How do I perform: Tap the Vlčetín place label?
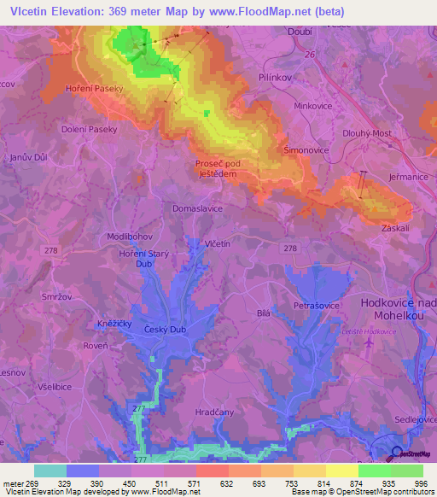218,244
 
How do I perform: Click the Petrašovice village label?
318,305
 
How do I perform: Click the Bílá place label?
264,313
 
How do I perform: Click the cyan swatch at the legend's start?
50,471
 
